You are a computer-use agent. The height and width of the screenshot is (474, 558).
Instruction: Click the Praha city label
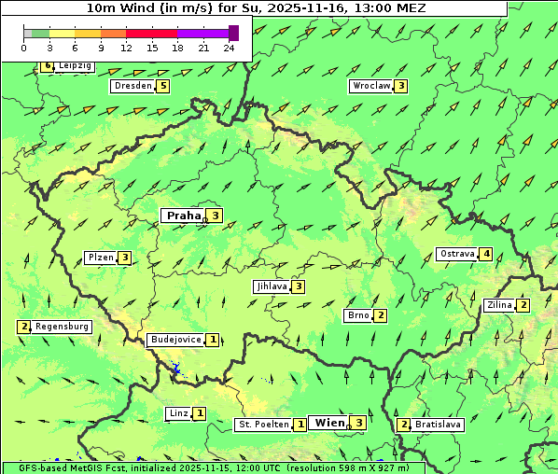point(184,216)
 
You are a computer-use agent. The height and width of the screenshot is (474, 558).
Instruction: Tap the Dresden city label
point(133,86)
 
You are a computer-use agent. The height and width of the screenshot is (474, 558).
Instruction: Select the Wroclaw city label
point(370,86)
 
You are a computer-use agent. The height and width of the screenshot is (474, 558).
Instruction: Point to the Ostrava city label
point(457,254)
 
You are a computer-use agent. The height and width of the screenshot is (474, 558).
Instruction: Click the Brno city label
point(358,315)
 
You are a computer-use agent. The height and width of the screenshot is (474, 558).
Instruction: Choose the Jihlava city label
point(271,286)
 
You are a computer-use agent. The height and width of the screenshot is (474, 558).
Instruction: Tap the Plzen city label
point(100,258)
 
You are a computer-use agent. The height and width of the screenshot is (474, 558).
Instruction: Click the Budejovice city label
point(175,340)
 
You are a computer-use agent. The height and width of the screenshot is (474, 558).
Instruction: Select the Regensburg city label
point(62,327)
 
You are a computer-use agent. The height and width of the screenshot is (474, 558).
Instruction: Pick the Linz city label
point(178,413)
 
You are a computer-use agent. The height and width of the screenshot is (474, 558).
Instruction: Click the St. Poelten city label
point(263,425)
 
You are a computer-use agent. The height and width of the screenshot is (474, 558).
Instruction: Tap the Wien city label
point(329,423)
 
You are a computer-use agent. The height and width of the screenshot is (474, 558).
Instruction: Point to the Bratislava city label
point(438,425)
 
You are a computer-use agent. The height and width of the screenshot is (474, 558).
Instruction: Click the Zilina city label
point(499,305)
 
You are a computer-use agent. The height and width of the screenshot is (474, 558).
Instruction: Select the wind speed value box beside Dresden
point(163,86)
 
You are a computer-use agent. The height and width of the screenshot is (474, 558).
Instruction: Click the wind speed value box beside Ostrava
point(486,254)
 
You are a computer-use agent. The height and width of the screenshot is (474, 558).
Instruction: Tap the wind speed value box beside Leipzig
point(47,66)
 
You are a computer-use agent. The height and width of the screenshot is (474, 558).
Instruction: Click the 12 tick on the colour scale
point(126,48)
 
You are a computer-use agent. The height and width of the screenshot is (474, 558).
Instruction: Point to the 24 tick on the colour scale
point(230,48)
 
